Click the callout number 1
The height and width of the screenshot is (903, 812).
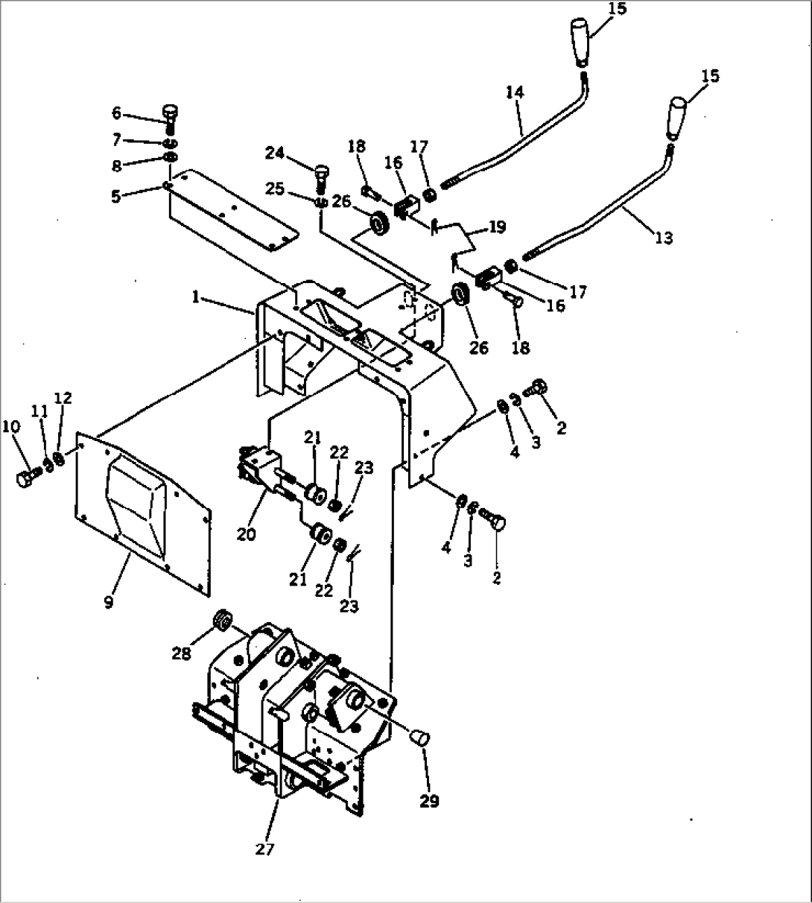(x=195, y=297)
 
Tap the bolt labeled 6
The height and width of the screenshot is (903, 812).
(x=171, y=115)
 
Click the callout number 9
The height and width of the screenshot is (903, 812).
(x=109, y=602)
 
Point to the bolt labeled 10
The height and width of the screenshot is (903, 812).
(x=24, y=477)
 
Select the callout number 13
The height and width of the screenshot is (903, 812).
(x=663, y=238)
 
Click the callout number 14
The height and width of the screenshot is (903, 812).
(x=515, y=92)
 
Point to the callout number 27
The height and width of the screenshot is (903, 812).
(x=264, y=849)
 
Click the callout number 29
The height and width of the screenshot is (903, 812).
(x=428, y=801)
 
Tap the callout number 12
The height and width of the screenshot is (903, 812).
(x=63, y=399)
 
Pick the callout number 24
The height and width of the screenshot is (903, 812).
(x=274, y=153)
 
